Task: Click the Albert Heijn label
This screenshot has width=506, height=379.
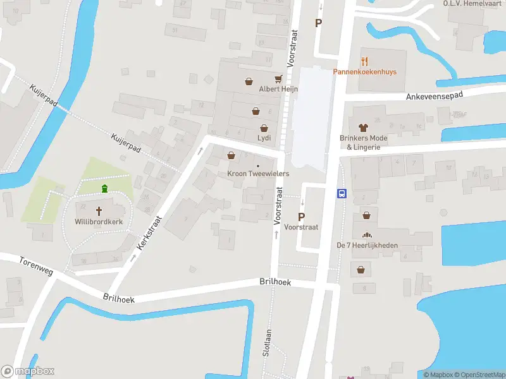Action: pos(278,89)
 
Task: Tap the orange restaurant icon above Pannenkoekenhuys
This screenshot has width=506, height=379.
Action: pos(364,61)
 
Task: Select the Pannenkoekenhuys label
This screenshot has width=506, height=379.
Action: pos(365,72)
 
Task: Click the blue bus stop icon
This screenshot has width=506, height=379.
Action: pos(342,194)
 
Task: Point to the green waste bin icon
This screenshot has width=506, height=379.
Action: pos(104,188)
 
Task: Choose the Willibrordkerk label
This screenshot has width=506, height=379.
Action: pos(99,222)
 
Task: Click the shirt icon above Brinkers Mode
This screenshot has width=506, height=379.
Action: pos(363,128)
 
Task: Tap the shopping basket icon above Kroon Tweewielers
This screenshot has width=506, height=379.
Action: pos(231,155)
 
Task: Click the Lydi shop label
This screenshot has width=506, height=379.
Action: pos(264,137)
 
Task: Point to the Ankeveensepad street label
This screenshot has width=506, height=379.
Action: pos(435,95)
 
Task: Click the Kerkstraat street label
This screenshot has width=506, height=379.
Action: pos(151,233)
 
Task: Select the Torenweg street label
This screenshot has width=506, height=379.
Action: pos(36,266)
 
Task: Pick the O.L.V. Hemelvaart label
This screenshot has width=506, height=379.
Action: pos(464,3)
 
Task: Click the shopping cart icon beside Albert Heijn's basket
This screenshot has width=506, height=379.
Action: pos(278,79)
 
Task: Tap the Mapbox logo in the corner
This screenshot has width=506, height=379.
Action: pos(28,371)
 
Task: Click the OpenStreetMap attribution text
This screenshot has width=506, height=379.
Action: pos(478,375)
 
